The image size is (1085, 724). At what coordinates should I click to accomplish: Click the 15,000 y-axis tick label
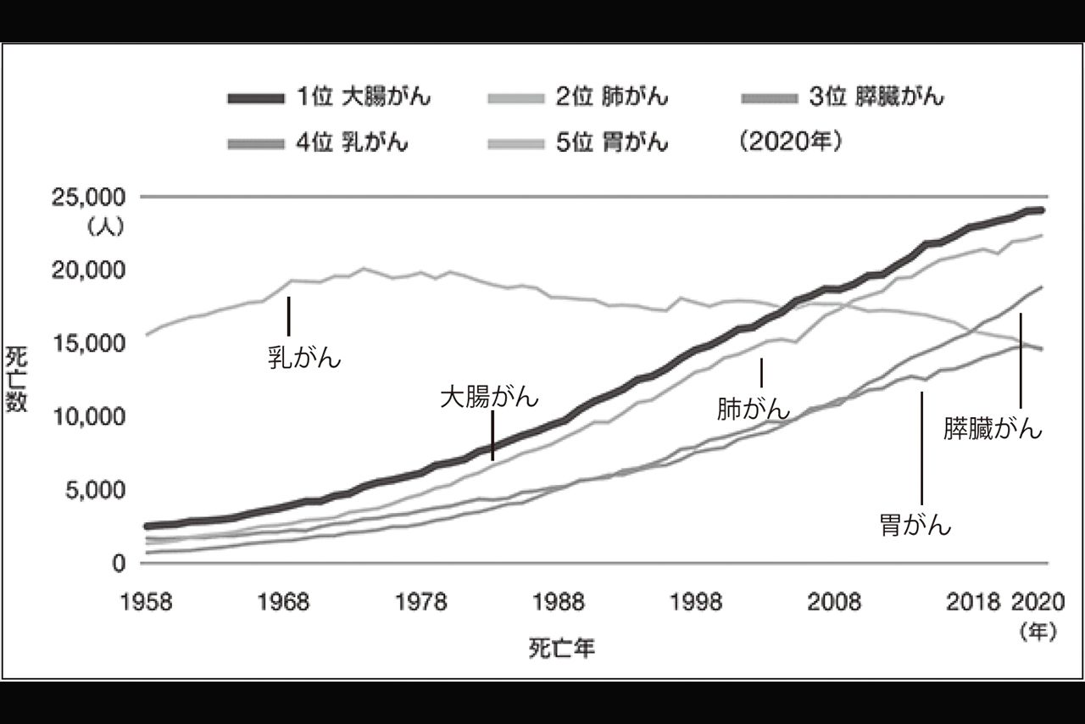click(90, 343)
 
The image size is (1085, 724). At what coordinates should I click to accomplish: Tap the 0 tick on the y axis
click(118, 563)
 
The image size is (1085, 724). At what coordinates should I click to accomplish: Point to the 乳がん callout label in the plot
click(303, 358)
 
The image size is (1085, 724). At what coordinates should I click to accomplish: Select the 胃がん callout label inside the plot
click(915, 526)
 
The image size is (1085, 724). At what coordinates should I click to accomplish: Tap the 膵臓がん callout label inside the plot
click(993, 429)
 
